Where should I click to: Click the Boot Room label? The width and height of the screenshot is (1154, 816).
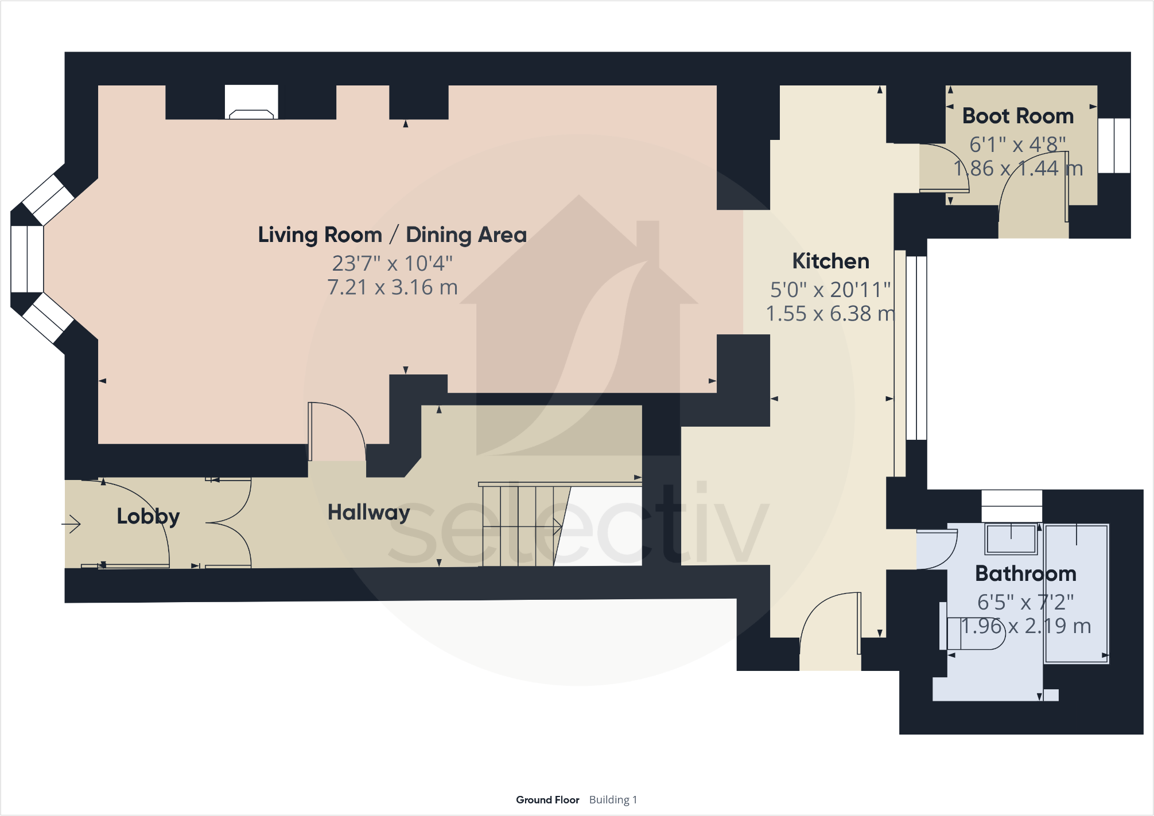(1017, 116)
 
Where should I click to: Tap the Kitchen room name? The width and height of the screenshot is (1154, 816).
(830, 261)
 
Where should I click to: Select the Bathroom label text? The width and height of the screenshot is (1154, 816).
(1025, 573)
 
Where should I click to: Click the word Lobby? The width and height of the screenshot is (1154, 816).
(148, 516)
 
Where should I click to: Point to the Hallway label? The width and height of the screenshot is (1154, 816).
(368, 512)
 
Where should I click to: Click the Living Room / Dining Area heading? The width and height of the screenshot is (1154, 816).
(392, 235)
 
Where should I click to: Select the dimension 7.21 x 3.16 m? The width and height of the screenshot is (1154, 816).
(393, 287)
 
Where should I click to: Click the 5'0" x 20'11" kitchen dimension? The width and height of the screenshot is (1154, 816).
(830, 290)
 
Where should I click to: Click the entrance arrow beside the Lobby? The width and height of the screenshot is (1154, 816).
(72, 524)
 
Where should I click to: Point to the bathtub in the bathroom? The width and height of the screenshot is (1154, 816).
(1076, 594)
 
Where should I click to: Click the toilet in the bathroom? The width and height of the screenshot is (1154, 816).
(976, 633)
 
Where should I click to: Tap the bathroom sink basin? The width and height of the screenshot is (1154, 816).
(1011, 538)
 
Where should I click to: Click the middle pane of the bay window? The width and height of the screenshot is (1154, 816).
(27, 259)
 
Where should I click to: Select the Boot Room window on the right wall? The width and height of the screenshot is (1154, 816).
(1114, 146)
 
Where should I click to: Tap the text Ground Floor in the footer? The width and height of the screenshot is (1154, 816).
(547, 799)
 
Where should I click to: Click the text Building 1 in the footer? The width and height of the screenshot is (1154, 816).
(613, 799)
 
